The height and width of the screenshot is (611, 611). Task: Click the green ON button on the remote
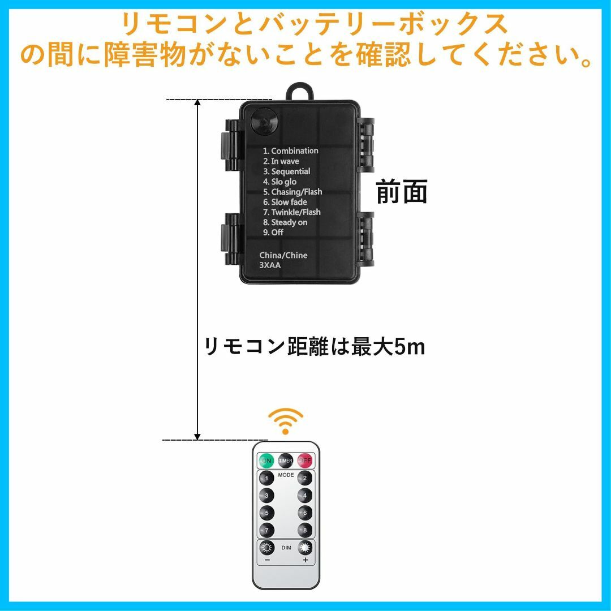(266, 461)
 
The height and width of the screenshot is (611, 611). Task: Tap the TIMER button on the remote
(286, 461)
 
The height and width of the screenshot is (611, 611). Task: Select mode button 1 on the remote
(266, 478)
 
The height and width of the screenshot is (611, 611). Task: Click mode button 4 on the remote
(305, 496)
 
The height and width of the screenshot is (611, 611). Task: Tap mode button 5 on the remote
(266, 513)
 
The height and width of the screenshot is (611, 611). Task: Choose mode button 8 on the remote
(305, 530)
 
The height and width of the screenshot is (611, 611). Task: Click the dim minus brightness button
(267, 548)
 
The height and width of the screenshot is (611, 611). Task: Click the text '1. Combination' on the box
(290, 151)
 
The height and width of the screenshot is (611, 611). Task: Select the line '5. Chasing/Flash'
(292, 192)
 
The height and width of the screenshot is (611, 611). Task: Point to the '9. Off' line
(273, 233)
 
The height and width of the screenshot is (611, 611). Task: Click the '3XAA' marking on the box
(270, 265)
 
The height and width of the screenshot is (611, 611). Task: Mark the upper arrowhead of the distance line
(197, 103)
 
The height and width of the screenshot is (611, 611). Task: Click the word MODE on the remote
(286, 475)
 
